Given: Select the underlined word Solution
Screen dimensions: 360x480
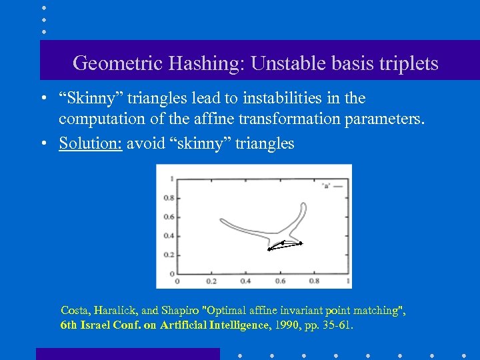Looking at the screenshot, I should (x=89, y=143).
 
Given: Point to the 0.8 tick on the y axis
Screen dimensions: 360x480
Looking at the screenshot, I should (x=169, y=197).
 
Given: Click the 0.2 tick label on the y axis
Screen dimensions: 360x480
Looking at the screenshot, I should (x=169, y=255).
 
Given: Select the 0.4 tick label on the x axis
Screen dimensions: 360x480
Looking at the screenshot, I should (x=245, y=281).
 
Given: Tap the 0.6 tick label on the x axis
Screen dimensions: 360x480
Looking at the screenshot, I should (x=280, y=281).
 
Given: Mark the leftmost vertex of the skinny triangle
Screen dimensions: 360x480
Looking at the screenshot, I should (x=269, y=249).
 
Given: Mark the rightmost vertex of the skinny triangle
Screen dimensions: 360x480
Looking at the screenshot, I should (x=301, y=243).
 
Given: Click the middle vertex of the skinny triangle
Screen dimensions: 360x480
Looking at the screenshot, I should (x=283, y=243).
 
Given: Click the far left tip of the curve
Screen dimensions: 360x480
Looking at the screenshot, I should (x=219, y=219).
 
